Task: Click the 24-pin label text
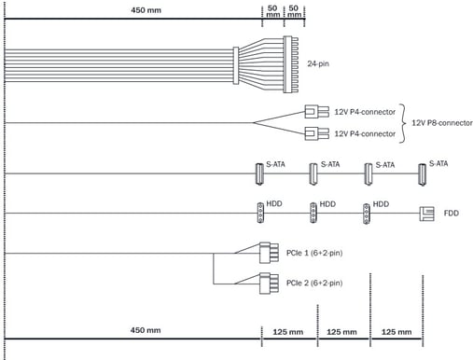pyautogui.click(x=318, y=63)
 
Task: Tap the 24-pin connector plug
pyautogui.click(x=290, y=64)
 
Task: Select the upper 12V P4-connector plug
pyautogui.click(x=316, y=112)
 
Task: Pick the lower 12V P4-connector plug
pyautogui.click(x=316, y=133)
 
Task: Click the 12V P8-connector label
pyautogui.click(x=442, y=123)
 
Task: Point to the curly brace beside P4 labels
pyautogui.click(x=403, y=123)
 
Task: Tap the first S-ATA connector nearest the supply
pyautogui.click(x=259, y=174)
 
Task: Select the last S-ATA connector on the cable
pyautogui.click(x=422, y=175)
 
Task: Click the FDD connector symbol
pyautogui.click(x=426, y=214)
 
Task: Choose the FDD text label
pyautogui.click(x=452, y=214)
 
